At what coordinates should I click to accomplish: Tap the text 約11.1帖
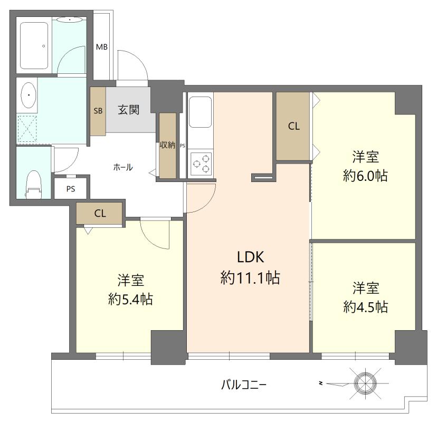[250, 277]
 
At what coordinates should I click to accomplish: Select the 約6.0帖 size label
[365, 175]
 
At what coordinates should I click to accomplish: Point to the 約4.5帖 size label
[365, 306]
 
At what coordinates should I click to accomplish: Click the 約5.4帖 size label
[130, 299]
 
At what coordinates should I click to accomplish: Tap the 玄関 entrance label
[128, 110]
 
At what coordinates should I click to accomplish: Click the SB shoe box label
[98, 111]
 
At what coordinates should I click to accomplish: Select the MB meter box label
[102, 47]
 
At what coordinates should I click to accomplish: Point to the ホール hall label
[123, 167]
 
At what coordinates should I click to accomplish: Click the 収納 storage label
[167, 145]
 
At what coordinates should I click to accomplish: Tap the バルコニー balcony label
[243, 384]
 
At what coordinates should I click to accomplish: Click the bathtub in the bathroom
[35, 46]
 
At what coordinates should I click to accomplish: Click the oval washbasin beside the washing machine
[27, 95]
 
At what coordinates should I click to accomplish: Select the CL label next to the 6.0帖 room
[294, 126]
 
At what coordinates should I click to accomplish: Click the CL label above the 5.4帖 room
[100, 214]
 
